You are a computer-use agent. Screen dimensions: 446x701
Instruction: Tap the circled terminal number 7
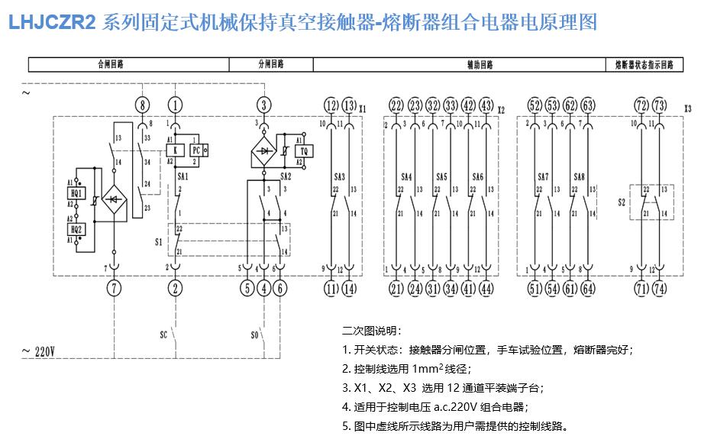(x=114, y=288)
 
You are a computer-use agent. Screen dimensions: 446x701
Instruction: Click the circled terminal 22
(x=396, y=105)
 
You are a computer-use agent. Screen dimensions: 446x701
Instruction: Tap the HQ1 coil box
(x=77, y=193)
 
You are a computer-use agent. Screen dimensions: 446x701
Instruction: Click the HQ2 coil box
(x=77, y=228)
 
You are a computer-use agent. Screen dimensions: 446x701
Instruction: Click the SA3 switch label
(x=338, y=176)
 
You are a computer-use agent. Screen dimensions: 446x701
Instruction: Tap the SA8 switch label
(x=579, y=176)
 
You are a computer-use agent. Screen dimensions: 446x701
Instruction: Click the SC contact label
(x=163, y=334)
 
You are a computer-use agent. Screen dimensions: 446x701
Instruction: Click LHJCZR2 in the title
(x=51, y=22)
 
